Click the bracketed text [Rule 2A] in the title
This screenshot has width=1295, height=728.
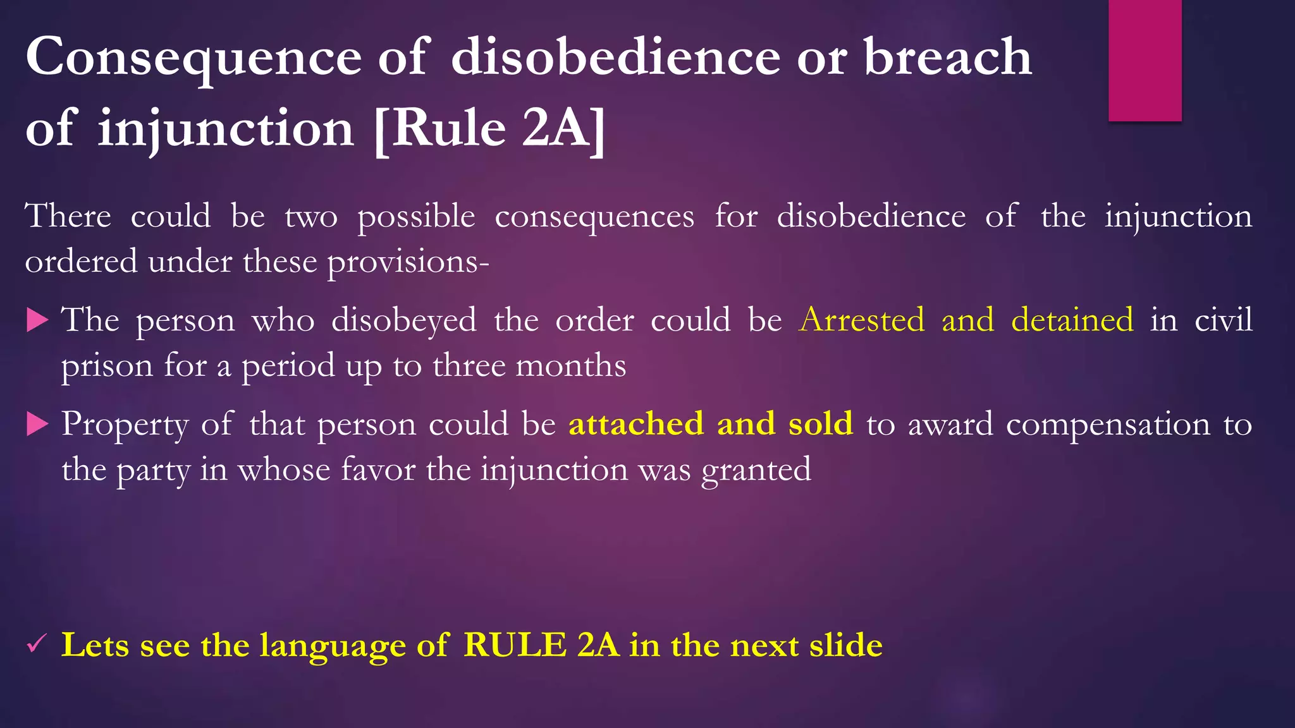(x=489, y=129)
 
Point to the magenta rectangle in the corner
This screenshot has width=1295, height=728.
(x=1145, y=60)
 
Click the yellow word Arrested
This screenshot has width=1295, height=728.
(x=862, y=320)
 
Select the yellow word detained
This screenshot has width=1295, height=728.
(x=1072, y=320)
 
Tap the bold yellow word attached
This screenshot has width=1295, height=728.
(x=636, y=423)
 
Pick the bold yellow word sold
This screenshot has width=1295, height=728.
(x=820, y=423)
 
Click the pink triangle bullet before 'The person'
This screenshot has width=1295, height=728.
(x=38, y=320)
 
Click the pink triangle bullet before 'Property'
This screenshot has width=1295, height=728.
(x=38, y=424)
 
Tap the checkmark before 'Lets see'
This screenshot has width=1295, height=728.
(x=35, y=645)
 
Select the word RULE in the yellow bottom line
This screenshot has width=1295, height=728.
(x=515, y=645)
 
